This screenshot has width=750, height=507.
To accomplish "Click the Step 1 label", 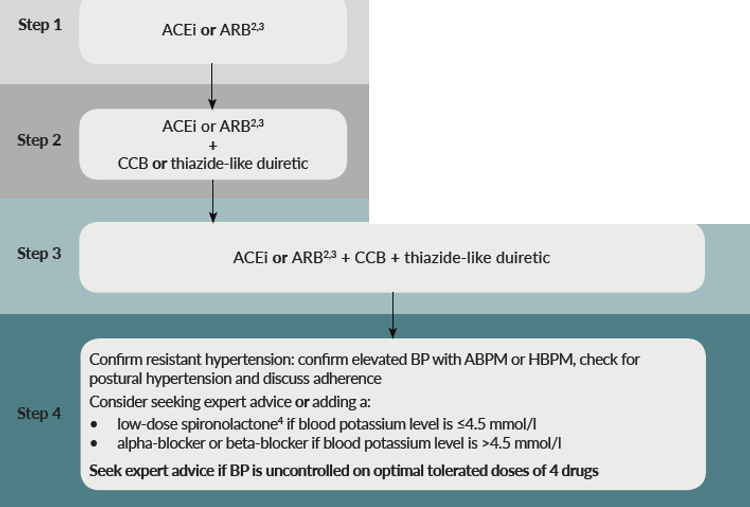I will coord(40,24).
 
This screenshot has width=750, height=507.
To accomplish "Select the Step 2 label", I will coord(40,140).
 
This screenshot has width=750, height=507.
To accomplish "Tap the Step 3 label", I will coord(40,254).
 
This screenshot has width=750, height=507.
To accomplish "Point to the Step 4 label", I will coord(40,413).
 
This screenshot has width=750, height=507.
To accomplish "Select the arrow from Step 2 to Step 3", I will coord(213,200).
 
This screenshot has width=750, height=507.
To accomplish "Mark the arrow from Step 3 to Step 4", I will coord(393,315).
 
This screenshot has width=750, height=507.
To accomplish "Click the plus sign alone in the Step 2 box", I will coord(213,144).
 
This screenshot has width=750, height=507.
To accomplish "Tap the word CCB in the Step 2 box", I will coord(133,163).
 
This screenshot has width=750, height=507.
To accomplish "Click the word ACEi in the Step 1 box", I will coord(179,31).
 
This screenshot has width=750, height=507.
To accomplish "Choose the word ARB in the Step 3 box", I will coord(307,258).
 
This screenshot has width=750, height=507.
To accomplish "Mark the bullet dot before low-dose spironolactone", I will coord(95,424).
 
